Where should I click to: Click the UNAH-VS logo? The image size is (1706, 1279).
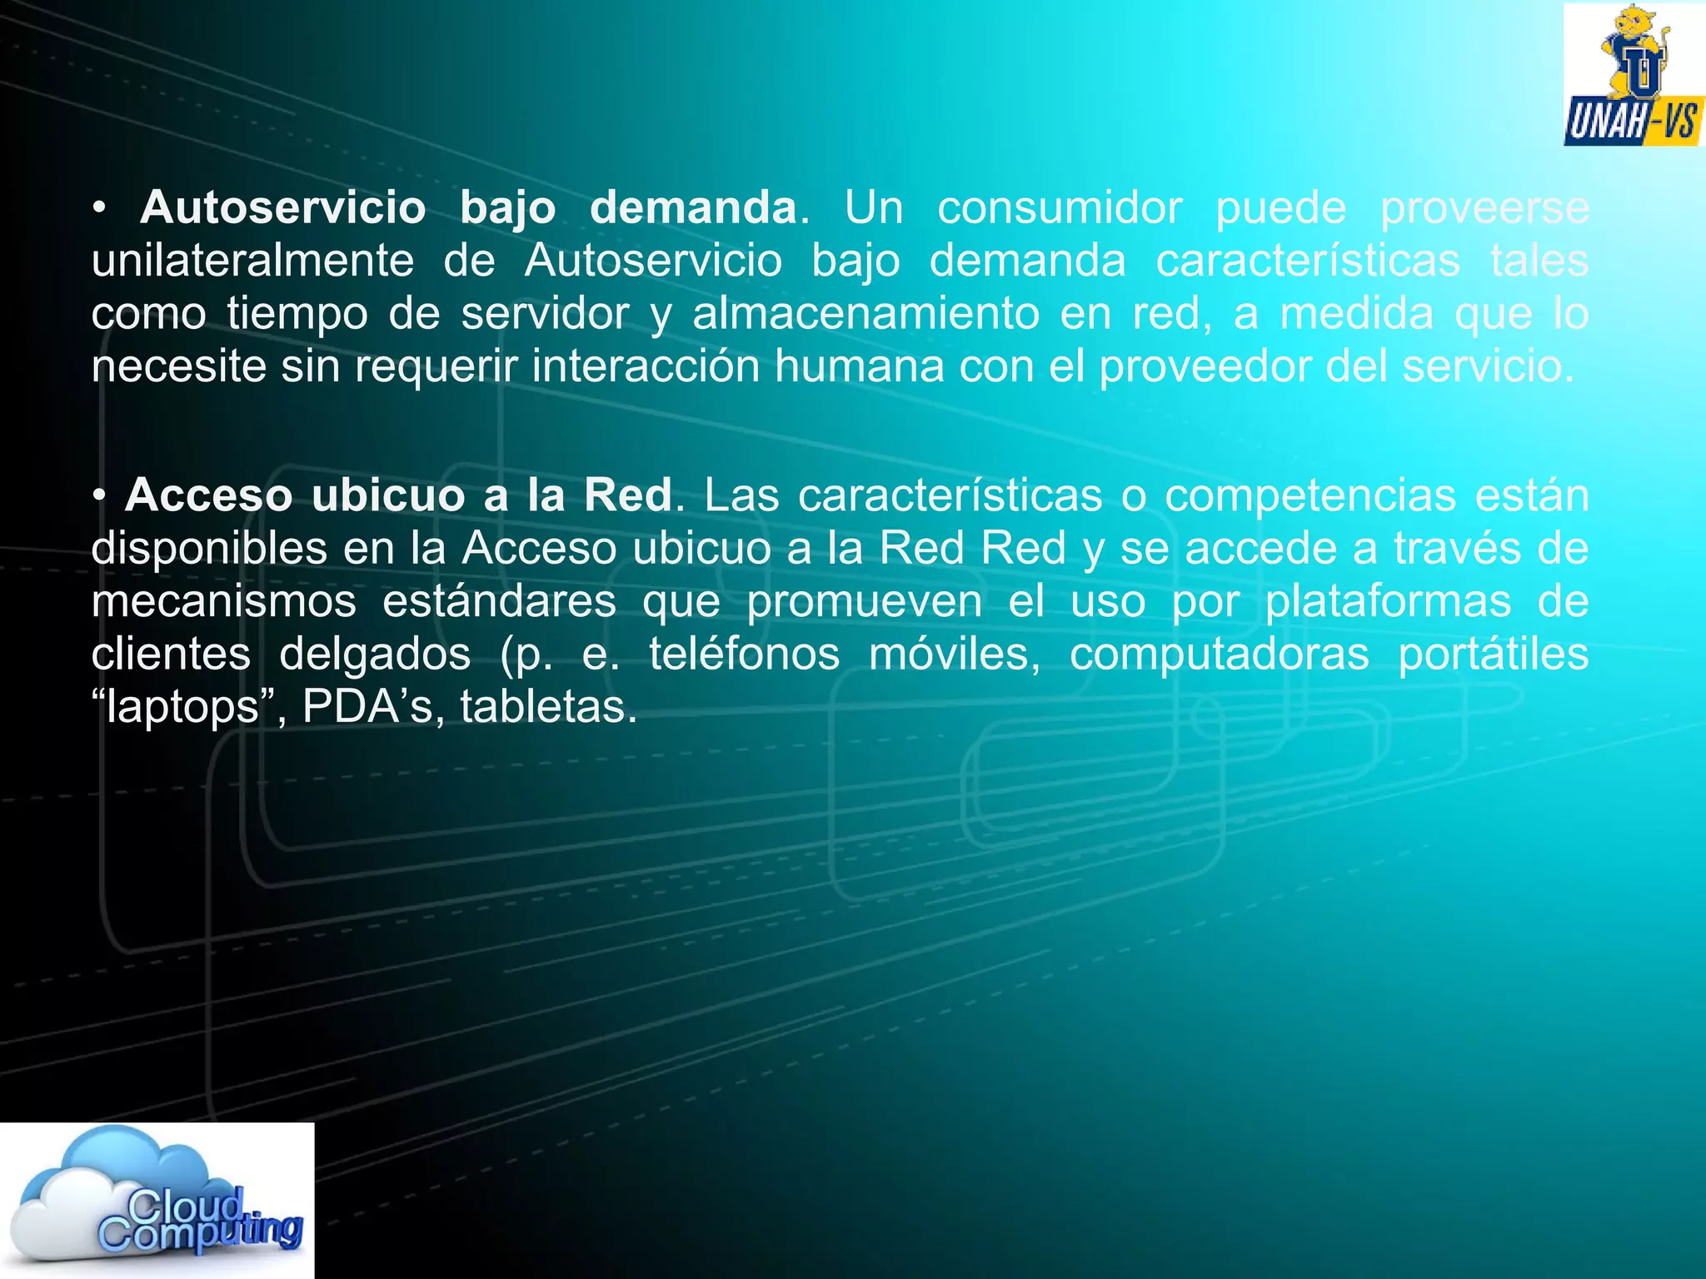click(x=1634, y=75)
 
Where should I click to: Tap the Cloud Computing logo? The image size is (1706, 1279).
click(x=157, y=1199)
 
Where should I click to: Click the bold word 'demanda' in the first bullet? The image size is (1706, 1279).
click(x=694, y=207)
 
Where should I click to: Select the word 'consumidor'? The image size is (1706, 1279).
click(x=1060, y=207)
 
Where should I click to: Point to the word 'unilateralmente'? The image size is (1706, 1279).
click(x=252, y=261)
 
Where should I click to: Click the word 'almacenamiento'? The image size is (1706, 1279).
click(x=865, y=314)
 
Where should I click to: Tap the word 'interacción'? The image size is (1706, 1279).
click(x=646, y=366)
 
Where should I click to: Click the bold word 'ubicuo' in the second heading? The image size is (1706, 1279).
click(x=388, y=495)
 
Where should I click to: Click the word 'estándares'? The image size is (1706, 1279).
click(x=499, y=601)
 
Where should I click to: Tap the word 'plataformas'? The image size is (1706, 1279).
click(x=1388, y=601)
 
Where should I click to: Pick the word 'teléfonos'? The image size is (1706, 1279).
click(x=744, y=654)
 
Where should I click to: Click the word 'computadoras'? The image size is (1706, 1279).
click(x=1220, y=654)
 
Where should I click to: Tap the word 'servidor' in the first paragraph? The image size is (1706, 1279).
click(x=545, y=314)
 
